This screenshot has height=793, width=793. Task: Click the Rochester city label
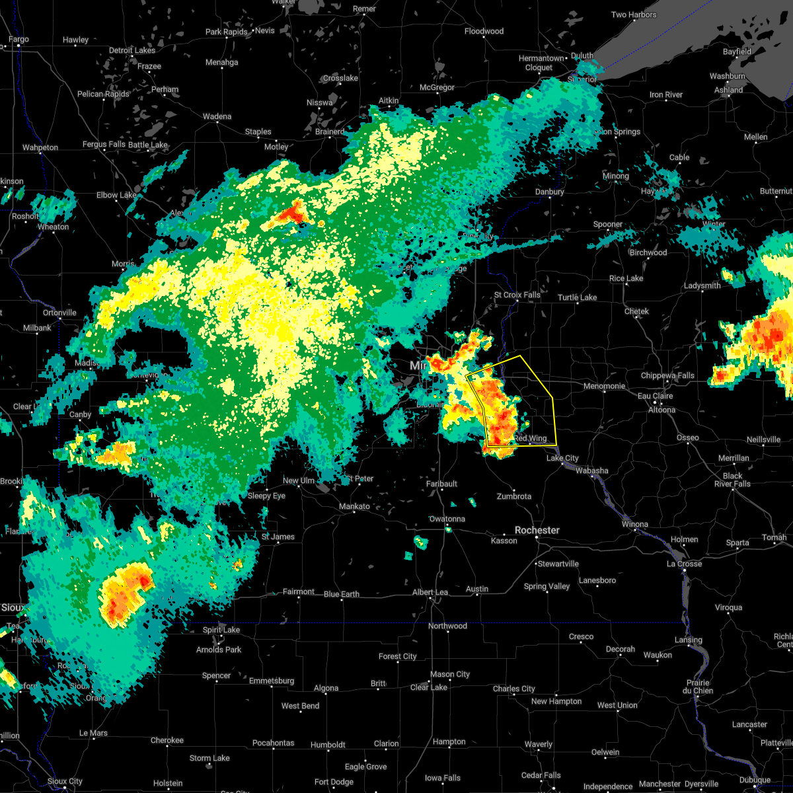click(x=537, y=530)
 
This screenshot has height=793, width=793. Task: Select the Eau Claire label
click(x=655, y=396)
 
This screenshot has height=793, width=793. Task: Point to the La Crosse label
click(x=684, y=564)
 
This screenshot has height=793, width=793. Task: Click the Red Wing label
click(x=531, y=439)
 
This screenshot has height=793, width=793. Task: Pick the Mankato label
click(x=354, y=506)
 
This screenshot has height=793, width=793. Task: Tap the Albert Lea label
click(x=430, y=593)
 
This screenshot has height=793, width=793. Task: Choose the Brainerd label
click(x=330, y=132)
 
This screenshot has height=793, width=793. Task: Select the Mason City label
click(x=449, y=674)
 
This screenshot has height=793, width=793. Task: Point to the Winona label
click(x=634, y=524)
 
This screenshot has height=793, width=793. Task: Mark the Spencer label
click(x=216, y=675)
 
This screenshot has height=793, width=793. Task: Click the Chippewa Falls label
click(x=667, y=375)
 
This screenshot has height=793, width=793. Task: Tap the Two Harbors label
click(x=634, y=15)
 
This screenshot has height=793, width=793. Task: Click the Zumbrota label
click(x=513, y=496)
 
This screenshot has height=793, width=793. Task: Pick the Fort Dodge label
click(x=334, y=782)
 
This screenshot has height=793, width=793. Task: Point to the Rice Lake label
click(x=626, y=278)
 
